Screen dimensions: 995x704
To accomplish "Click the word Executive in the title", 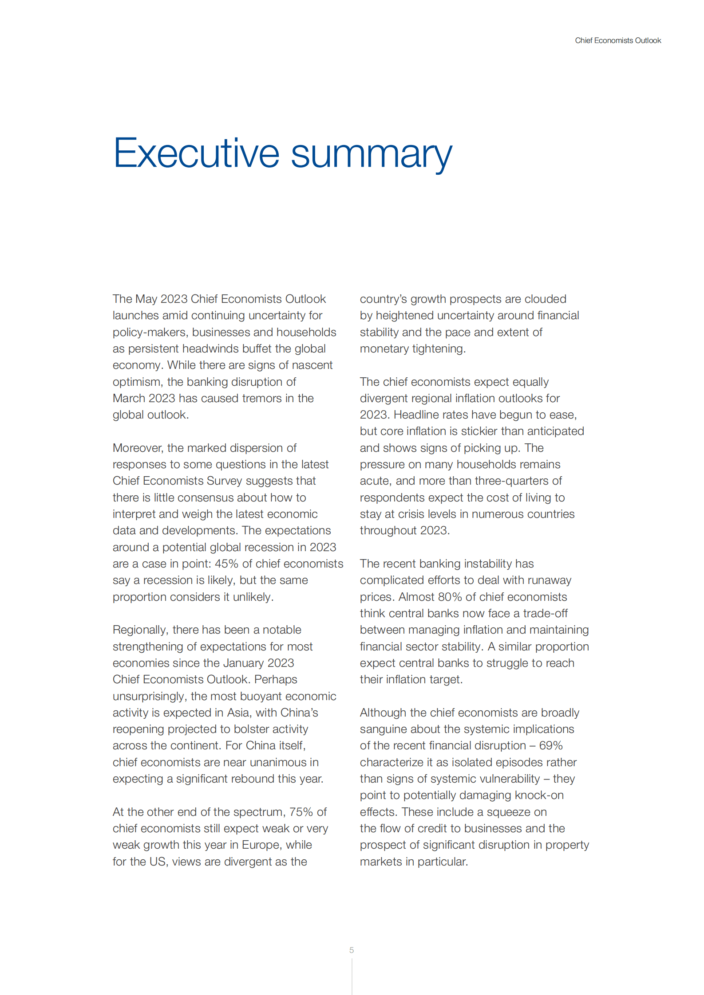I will [x=196, y=153].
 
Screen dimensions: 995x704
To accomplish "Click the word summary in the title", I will [x=372, y=155].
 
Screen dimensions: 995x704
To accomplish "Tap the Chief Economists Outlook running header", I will [x=618, y=40].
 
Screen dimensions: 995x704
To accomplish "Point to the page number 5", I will [x=352, y=950].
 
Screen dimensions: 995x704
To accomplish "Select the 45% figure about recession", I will [x=227, y=564].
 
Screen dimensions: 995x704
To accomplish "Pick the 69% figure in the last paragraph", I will [x=551, y=745].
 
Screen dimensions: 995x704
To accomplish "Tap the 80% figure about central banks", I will [x=450, y=597].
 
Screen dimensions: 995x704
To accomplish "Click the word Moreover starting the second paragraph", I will [x=138, y=448].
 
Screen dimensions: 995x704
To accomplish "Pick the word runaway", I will [x=550, y=580].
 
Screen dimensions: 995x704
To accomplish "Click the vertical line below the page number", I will [x=352, y=976].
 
